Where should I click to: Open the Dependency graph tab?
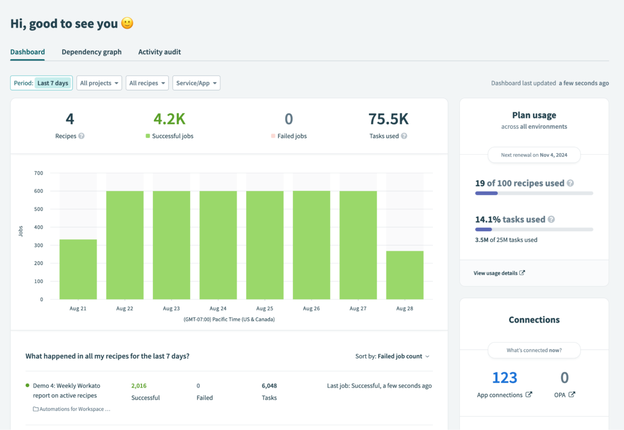(92, 52)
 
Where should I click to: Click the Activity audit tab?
(159, 52)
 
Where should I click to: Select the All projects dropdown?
(99, 83)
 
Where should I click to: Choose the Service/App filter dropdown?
(196, 83)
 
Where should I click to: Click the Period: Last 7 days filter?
(41, 83)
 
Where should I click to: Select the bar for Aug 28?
(405, 275)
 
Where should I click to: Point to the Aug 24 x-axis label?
(218, 308)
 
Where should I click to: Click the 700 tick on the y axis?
(39, 173)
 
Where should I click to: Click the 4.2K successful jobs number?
(169, 119)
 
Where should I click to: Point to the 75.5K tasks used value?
(388, 119)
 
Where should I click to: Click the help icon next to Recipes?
(82, 136)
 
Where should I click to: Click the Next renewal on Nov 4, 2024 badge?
(534, 155)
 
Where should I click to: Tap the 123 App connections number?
(505, 377)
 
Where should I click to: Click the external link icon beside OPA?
(572, 394)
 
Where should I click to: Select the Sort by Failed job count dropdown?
(392, 356)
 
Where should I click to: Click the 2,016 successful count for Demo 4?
(139, 386)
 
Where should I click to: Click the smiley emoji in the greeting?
(127, 23)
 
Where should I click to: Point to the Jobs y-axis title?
(20, 231)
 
